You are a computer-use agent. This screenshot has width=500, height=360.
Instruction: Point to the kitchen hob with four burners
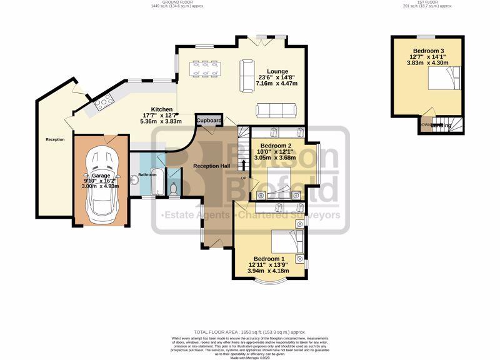point(102,102)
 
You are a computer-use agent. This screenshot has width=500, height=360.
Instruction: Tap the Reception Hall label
point(212,166)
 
